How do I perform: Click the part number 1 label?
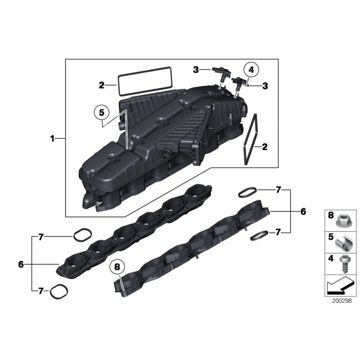click(52, 139)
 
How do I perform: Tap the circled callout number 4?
click(251, 70)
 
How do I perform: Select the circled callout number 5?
click(102, 112)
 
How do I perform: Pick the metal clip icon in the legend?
click(342, 243)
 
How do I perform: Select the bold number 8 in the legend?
click(331, 216)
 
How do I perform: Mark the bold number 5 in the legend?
click(331, 238)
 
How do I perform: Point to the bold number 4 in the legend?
click(331, 260)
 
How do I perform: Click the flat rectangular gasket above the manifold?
click(145, 81)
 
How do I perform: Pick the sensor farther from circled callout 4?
click(220, 72)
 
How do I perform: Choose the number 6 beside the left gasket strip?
click(21, 265)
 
